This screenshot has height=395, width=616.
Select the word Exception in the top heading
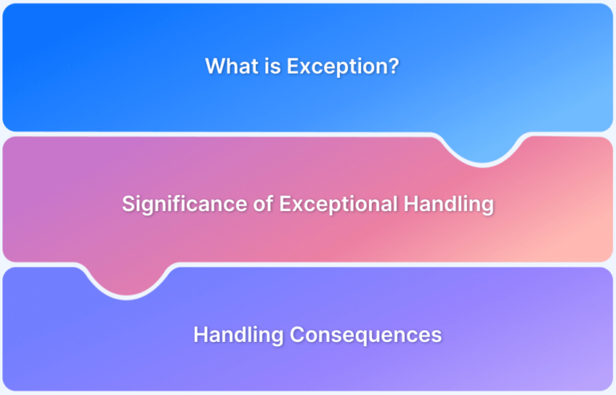click(334, 67)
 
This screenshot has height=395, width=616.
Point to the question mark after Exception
click(391, 66)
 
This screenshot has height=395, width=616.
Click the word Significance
click(184, 205)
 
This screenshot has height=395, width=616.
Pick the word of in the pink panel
click(263, 204)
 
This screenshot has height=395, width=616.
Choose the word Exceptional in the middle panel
click(338, 205)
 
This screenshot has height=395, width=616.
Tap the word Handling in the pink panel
click(448, 205)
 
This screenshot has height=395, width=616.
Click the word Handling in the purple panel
click(238, 336)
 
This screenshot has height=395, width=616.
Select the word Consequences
click(366, 336)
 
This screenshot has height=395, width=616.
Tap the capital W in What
click(216, 66)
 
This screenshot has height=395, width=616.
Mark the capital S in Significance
click(128, 204)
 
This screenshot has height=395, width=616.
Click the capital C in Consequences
click(297, 336)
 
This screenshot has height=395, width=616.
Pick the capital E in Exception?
click(293, 66)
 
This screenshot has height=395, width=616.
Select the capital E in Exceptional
click(286, 204)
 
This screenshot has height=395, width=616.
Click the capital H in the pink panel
click(411, 204)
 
